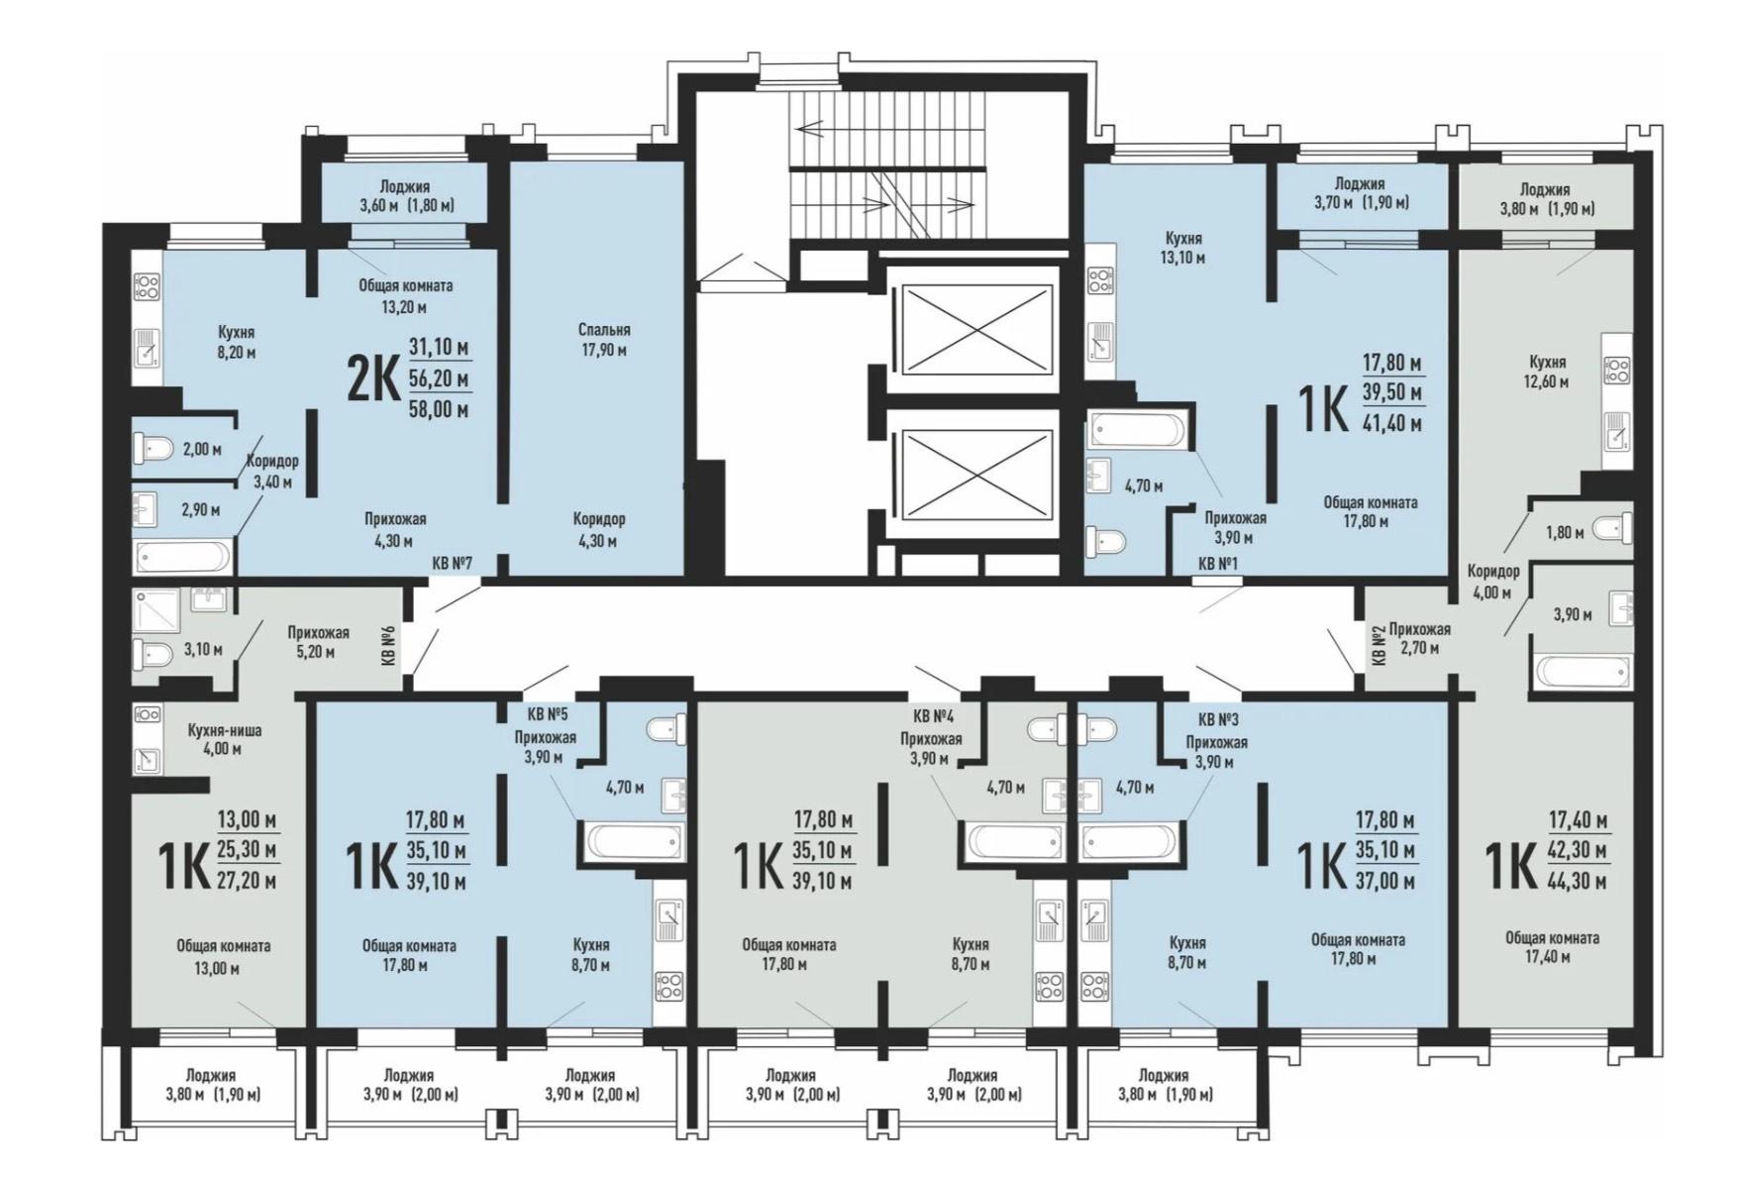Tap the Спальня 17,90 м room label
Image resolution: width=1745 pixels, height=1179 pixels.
click(604, 340)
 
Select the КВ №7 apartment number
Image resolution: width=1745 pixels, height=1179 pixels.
click(453, 563)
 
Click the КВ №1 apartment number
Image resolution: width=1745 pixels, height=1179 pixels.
click(1219, 563)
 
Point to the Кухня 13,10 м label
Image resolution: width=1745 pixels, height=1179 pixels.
click(1184, 249)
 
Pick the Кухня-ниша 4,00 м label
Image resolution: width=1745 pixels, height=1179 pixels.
click(225, 739)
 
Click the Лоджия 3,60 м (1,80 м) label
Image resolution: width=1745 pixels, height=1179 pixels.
click(405, 196)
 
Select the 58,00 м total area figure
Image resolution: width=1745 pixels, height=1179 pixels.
click(440, 409)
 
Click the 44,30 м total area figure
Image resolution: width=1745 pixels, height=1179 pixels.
click(1578, 881)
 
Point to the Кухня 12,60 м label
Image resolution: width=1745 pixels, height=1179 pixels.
click(1547, 372)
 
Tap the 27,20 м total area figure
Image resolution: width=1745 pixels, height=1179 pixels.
click(247, 881)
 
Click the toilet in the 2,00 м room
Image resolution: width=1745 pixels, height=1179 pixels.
click(154, 449)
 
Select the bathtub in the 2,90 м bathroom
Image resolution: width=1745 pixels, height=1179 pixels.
click(183, 556)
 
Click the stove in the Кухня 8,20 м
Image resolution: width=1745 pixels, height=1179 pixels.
click(147, 287)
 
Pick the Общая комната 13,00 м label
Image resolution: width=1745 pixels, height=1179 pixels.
click(224, 957)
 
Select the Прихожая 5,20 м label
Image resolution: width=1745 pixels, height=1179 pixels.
click(319, 642)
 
